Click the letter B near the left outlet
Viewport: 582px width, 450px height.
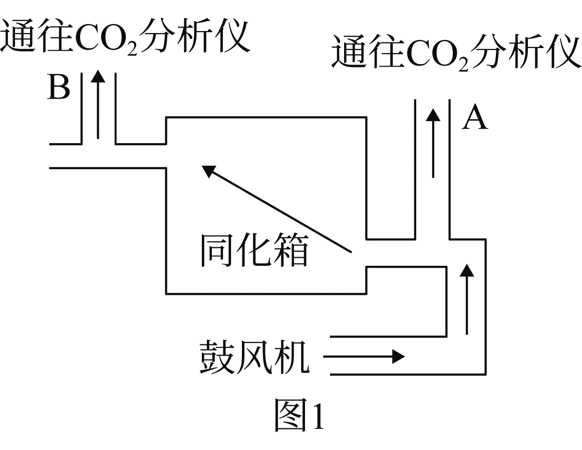point(59,87)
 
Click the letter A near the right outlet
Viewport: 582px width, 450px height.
point(474,117)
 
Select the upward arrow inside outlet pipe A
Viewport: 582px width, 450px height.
point(433,143)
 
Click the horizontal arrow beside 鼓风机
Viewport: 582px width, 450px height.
point(364,357)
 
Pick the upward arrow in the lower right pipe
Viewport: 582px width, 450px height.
point(467,299)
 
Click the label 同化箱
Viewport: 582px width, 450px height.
point(254,250)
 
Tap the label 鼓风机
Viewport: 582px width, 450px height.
point(254,356)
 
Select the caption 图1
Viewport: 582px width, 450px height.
point(299,414)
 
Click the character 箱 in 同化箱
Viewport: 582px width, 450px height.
point(291,250)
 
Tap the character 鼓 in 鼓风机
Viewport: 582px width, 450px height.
point(217,356)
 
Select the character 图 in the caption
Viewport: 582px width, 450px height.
point(292,414)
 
